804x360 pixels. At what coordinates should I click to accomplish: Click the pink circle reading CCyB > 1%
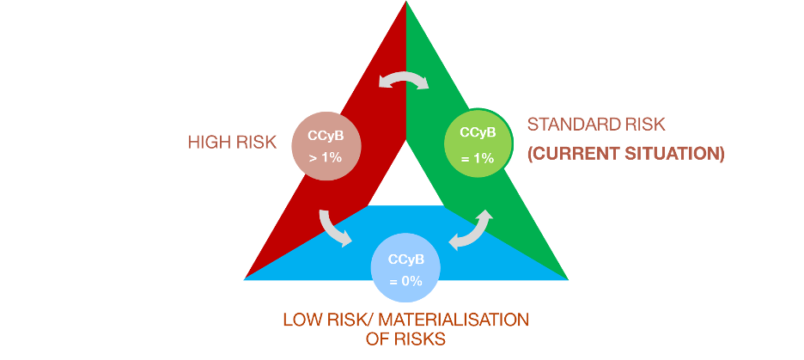tap(326, 145)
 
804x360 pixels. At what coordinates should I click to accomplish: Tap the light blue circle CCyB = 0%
tap(404, 270)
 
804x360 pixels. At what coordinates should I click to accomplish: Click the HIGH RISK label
tap(232, 142)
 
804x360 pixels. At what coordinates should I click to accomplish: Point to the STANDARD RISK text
tap(596, 125)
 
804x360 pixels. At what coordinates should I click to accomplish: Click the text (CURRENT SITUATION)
tap(626, 155)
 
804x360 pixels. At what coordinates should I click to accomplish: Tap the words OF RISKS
tap(404, 339)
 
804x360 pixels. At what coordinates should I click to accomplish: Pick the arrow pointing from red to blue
tap(333, 227)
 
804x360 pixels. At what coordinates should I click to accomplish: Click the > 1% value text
tap(326, 158)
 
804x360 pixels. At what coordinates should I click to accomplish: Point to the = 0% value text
tap(404, 281)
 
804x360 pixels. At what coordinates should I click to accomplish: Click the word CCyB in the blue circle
tap(404, 259)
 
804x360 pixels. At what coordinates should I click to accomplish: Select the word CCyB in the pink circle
tap(326, 135)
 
